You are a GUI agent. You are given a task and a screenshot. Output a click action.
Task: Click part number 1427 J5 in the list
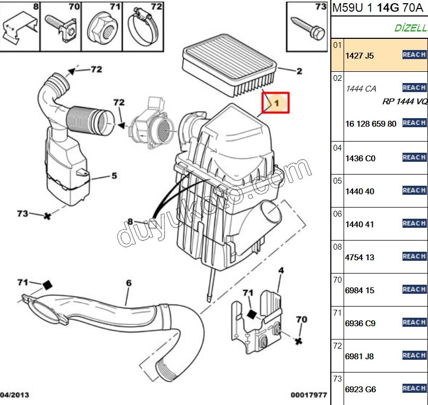click(x=359, y=55)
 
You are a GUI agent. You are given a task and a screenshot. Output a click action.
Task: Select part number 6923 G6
click(x=361, y=390)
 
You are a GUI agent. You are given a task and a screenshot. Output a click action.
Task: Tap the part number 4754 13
click(x=360, y=258)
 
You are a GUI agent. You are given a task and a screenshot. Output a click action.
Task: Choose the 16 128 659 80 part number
click(x=371, y=124)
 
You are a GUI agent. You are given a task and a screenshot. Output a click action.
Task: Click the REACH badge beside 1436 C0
click(x=414, y=158)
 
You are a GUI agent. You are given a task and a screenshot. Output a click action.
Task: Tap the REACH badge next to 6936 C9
click(x=414, y=323)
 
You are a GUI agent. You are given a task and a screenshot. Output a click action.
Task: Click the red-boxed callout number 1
click(x=277, y=103)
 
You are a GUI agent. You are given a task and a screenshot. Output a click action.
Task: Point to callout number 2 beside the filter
click(x=299, y=71)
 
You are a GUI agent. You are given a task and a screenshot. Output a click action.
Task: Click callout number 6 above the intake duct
click(x=129, y=283)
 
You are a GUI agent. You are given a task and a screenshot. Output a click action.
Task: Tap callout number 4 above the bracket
click(x=281, y=271)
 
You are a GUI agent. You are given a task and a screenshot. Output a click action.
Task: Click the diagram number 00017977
click(x=309, y=395)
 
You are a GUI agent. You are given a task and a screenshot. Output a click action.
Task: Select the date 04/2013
click(x=15, y=395)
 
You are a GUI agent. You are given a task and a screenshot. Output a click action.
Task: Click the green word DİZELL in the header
click(x=410, y=28)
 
